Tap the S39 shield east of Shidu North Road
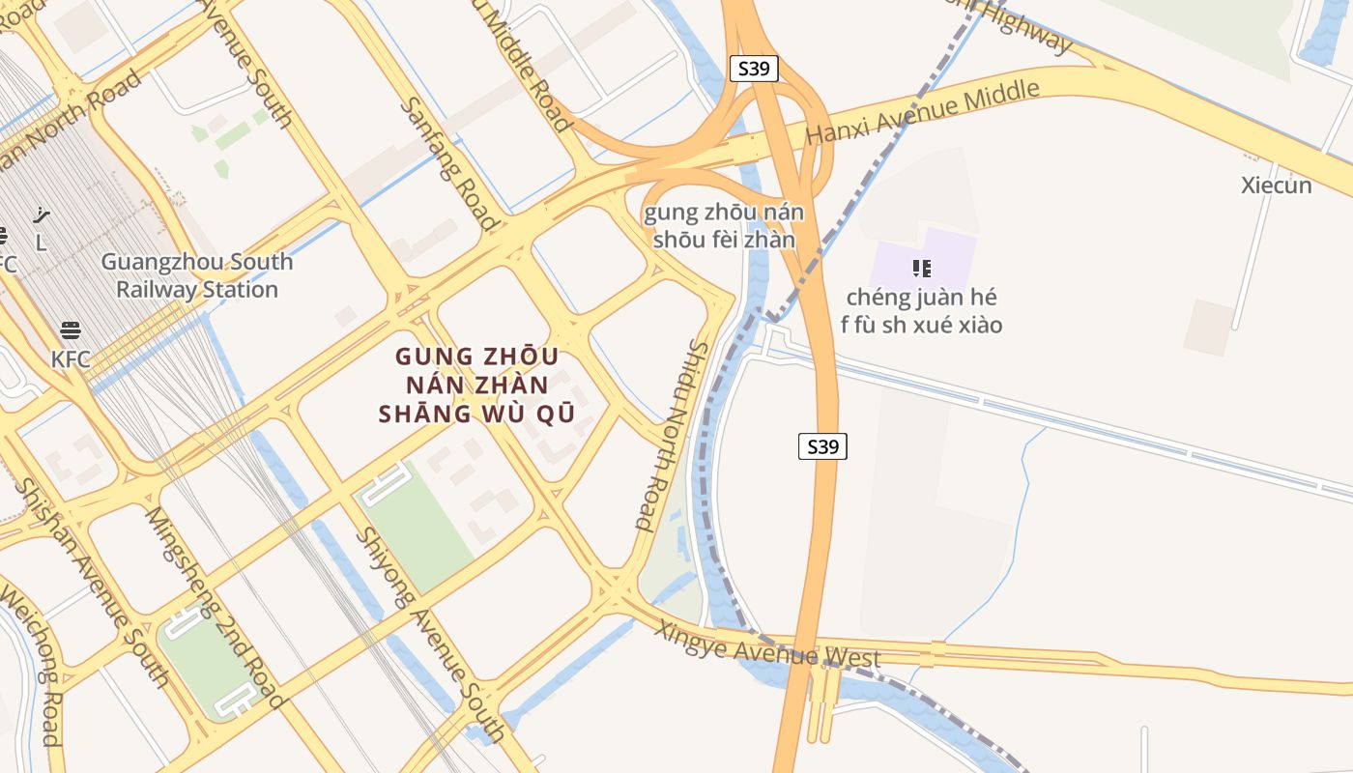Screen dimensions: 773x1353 (x=822, y=445)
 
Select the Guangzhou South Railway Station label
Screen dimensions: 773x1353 (x=197, y=275)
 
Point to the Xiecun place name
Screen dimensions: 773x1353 (x=1276, y=186)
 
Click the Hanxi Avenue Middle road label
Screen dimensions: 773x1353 (x=922, y=112)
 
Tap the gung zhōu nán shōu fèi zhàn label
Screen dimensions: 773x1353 (x=724, y=225)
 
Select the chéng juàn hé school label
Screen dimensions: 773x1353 (x=921, y=310)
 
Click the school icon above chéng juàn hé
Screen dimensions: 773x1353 (x=921, y=268)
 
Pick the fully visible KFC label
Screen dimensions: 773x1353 (x=71, y=359)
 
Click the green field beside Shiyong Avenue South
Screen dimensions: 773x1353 (x=417, y=527)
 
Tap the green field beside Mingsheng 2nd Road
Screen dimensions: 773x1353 (x=207, y=657)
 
